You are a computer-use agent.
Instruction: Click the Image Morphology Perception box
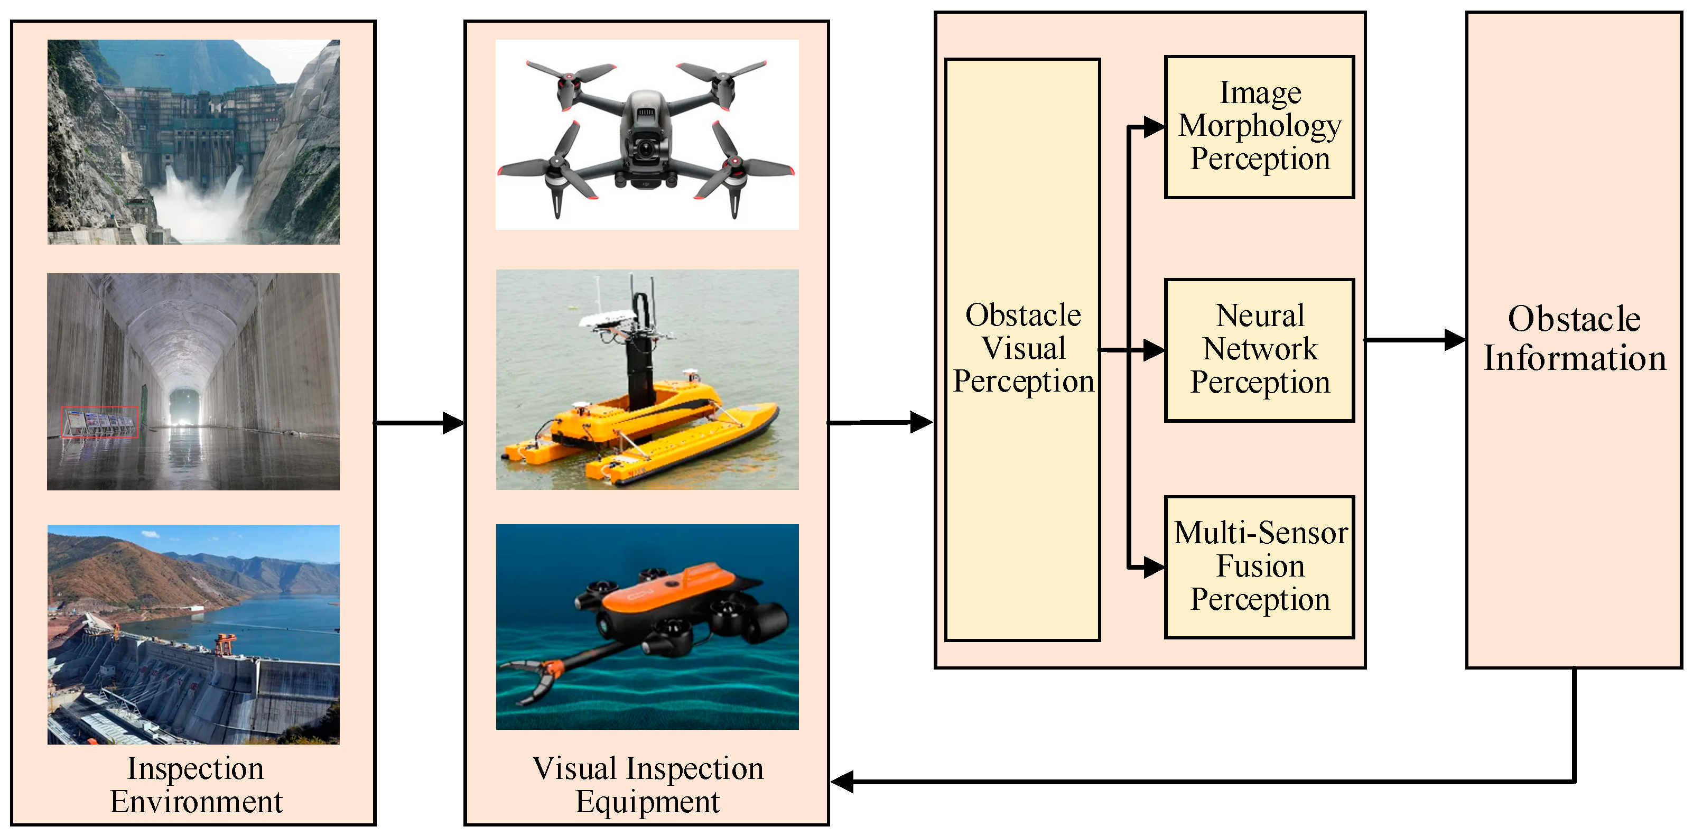coord(1259,127)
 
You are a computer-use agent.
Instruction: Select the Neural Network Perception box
coord(1259,350)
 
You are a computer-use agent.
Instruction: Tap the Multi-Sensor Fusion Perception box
coord(1259,566)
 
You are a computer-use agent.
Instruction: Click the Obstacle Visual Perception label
coord(1022,348)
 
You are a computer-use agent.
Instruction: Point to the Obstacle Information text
coord(1574,339)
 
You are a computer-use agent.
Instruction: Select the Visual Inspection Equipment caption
coord(647,785)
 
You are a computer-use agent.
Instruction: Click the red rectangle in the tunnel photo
coord(100,421)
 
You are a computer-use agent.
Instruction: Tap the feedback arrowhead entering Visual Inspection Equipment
coord(843,782)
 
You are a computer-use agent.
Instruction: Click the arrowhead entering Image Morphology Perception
coord(1154,126)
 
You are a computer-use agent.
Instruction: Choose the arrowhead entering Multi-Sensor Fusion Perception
coord(1154,566)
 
